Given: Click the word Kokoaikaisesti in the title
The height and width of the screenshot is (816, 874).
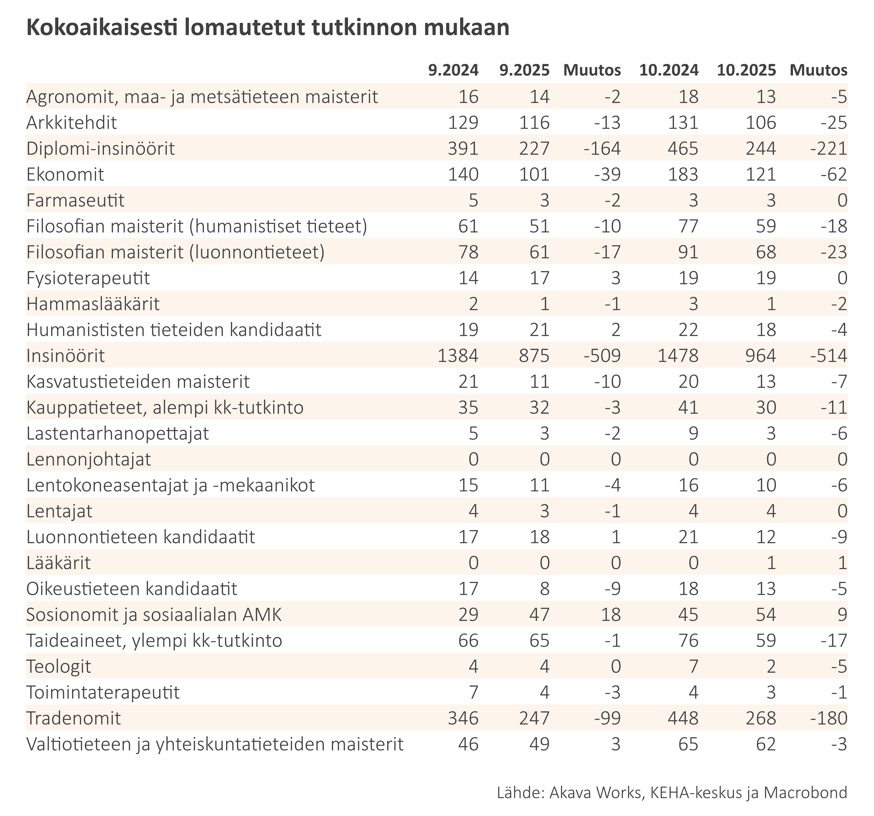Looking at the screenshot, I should point(99,28).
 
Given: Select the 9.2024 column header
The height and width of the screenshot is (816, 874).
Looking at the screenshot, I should point(453,70).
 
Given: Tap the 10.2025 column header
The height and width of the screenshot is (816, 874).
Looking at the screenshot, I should point(746,70).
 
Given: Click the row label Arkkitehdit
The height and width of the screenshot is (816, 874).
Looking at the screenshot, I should point(72,123).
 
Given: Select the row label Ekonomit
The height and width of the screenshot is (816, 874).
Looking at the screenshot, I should point(65,175).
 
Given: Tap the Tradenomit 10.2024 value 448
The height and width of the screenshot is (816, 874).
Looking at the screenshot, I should point(678,718).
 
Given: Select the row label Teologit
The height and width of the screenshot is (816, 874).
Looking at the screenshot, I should point(59,666).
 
